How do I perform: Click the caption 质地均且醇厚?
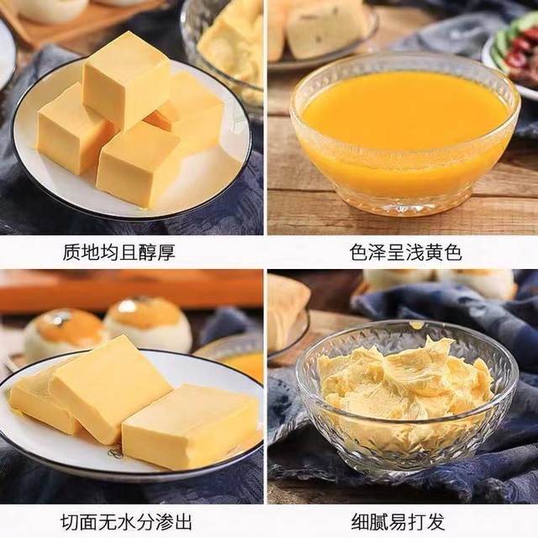click(x=119, y=252)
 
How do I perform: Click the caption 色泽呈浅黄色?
click(x=406, y=252)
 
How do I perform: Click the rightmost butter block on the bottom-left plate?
click(x=189, y=425)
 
